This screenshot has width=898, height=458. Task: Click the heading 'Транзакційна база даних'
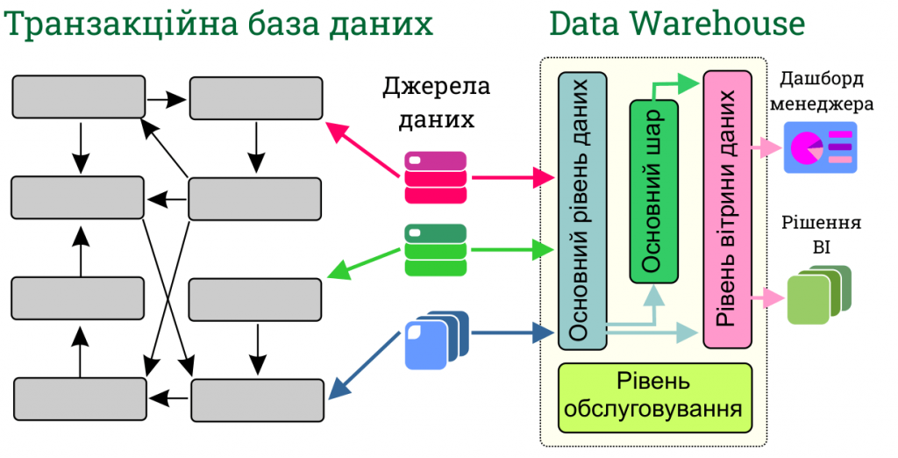[x=219, y=23]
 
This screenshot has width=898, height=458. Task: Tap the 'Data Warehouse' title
[x=676, y=23]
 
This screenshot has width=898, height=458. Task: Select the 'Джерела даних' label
[x=436, y=103]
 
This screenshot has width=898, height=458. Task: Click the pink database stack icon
[x=437, y=177]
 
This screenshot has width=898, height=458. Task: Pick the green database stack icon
[x=437, y=250]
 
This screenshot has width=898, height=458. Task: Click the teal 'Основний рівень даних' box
[x=581, y=211]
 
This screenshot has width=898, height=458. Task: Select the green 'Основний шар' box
[x=654, y=191]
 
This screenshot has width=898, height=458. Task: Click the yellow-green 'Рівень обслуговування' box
[x=655, y=397]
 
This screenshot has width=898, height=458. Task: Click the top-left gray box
[x=78, y=97]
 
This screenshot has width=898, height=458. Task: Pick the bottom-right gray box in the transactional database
[x=256, y=399]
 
